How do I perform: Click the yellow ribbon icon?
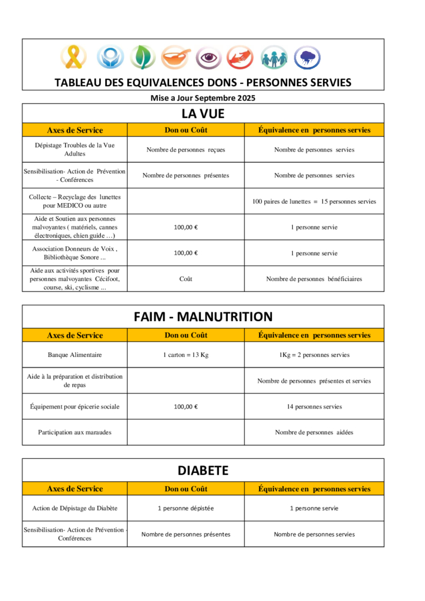click(x=73, y=58)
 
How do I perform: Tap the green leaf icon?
click(x=142, y=58)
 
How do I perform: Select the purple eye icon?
click(x=208, y=58)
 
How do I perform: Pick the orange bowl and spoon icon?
click(x=176, y=58)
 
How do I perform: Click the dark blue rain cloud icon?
click(x=307, y=58)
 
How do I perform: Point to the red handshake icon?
click(x=240, y=58)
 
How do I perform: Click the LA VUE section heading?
click(x=203, y=113)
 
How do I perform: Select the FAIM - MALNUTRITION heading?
click(x=203, y=317)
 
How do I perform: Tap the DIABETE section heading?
click(x=203, y=470)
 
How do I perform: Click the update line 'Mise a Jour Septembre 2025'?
click(x=203, y=98)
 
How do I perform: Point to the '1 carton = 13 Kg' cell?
click(x=185, y=355)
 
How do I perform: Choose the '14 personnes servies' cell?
click(x=314, y=406)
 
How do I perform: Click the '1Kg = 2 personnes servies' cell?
click(x=314, y=355)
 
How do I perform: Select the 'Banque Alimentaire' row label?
click(x=75, y=355)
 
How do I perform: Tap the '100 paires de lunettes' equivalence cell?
click(x=314, y=201)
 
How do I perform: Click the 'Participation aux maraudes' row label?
click(x=75, y=433)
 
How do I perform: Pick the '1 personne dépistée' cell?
click(x=185, y=508)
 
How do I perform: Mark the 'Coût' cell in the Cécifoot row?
click(x=185, y=279)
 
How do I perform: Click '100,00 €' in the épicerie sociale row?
click(x=185, y=406)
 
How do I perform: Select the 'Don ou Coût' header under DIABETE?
click(x=185, y=489)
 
